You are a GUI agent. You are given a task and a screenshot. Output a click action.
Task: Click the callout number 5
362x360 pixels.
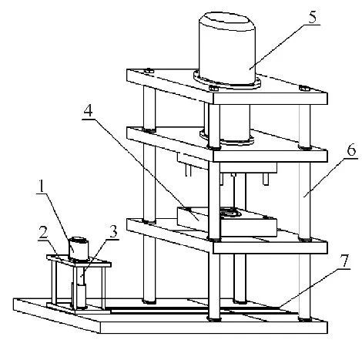(313, 18)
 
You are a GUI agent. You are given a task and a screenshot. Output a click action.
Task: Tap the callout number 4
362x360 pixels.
(88, 111)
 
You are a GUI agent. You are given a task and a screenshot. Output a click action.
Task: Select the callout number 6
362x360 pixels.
(351, 150)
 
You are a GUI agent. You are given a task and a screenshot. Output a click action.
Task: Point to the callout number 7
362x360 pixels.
(344, 261)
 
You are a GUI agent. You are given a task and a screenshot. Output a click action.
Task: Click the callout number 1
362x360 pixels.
(41, 187)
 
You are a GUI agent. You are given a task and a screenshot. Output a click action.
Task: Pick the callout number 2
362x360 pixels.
(43, 233)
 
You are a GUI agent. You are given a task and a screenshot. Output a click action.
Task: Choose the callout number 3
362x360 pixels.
(113, 231)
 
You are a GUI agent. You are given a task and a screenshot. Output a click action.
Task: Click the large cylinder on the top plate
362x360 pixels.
(227, 49)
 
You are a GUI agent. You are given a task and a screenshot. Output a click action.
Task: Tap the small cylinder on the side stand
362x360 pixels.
(79, 248)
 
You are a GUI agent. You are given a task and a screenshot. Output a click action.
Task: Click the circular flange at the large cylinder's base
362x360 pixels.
(227, 82)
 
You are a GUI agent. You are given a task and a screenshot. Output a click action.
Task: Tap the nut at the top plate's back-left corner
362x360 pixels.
(149, 71)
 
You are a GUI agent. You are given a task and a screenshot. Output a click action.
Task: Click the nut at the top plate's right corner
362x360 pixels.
(304, 88)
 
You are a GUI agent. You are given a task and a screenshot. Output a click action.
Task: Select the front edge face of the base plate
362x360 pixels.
(213, 327)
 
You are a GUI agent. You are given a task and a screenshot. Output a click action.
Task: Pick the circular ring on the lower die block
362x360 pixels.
(230, 213)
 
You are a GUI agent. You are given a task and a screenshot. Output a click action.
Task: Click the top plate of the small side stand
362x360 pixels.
(79, 261)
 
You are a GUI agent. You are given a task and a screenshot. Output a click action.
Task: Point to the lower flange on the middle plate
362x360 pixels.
(226, 139)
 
